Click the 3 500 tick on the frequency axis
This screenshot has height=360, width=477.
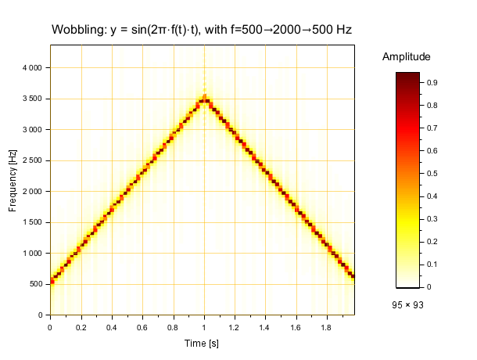(31, 99)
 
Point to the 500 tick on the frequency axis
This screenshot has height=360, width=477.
(36, 284)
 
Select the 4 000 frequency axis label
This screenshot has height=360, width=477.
(31, 68)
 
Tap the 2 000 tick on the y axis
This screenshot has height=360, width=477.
(31, 192)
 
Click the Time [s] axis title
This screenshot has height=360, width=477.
(203, 344)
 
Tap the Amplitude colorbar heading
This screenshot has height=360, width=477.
(407, 57)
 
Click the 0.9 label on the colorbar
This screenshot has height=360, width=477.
(431, 82)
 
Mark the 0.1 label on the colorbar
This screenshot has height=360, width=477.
(431, 265)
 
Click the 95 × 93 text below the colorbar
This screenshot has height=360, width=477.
(407, 304)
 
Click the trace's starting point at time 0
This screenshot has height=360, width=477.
(52, 281)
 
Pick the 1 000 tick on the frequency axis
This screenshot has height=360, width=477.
(31, 254)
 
